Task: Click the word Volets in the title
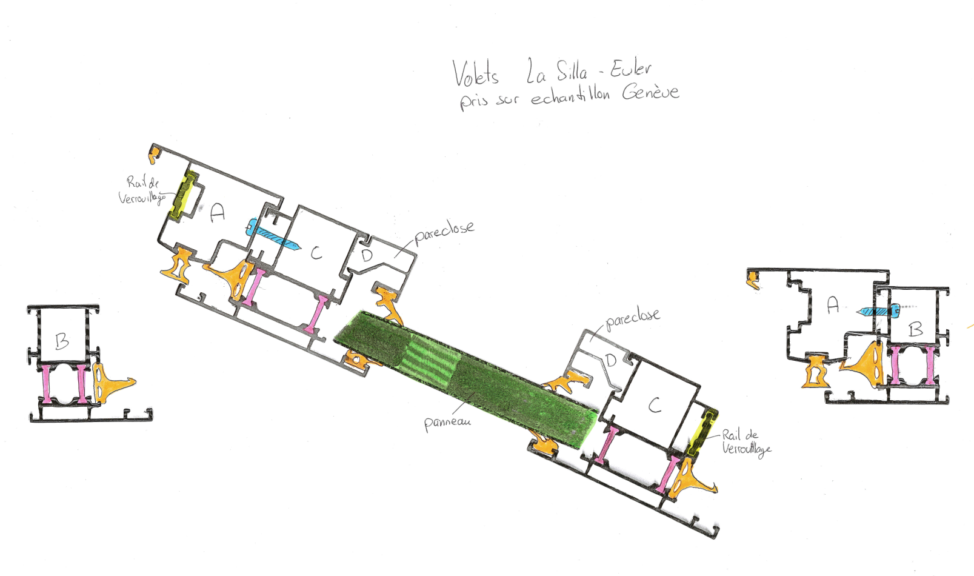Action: point(476,73)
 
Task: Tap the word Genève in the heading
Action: point(650,92)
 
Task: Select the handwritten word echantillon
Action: point(570,96)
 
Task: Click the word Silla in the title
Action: point(572,72)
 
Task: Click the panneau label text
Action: point(447,422)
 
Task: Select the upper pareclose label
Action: point(444,231)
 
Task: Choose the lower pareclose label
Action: point(632,318)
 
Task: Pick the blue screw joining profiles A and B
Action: point(879,311)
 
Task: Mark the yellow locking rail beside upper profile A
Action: point(184,195)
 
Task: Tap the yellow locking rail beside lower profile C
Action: point(703,432)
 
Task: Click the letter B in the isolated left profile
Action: point(62,341)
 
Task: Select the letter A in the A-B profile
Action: point(833,304)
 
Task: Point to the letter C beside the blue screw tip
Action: point(316,253)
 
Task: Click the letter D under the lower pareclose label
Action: point(611,361)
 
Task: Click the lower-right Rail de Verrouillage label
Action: point(746,441)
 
